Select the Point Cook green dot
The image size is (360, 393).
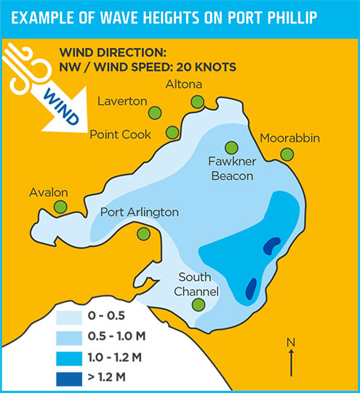172,132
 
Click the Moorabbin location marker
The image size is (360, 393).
287,154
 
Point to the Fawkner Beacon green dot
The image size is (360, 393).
231,148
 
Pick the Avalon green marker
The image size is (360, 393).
60,207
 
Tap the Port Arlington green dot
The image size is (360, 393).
144,233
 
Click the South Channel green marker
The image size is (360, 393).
198,306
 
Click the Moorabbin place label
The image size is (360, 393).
289,138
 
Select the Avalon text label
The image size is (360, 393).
49,193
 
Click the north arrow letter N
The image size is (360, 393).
291,341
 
